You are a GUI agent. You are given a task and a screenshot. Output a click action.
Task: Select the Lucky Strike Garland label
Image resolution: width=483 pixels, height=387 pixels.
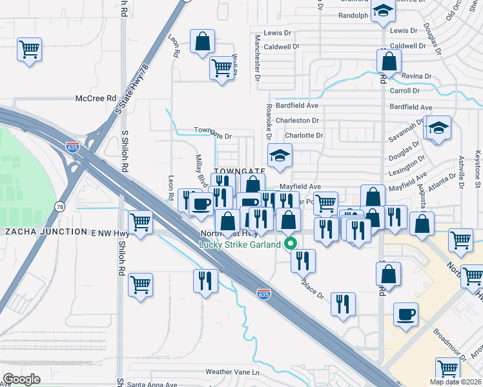pos(240,244)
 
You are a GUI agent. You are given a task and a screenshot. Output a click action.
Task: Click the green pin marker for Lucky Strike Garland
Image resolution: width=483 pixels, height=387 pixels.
pos(290,244)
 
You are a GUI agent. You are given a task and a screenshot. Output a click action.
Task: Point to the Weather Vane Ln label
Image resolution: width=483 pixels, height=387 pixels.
pos(232,372)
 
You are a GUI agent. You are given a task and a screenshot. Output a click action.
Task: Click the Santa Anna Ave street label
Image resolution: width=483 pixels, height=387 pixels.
pos(152,384)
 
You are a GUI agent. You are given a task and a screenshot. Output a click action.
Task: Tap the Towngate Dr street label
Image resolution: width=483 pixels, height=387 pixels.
pos(212,130)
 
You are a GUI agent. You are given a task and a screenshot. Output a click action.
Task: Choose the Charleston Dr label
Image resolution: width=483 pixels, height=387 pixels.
pos(297,121)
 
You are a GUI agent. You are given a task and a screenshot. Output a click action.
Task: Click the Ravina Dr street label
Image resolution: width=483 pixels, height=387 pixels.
pos(415,77)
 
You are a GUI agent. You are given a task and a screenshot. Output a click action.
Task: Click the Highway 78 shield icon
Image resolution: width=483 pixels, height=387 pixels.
pos(59,206)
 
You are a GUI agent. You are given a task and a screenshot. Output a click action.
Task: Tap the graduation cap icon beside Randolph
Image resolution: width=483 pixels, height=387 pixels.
pos(384,11)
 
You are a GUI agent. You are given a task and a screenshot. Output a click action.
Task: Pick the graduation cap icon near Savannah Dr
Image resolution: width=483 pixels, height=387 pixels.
pos(437,127)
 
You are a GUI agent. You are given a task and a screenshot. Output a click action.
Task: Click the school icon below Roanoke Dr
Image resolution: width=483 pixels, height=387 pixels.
pos(280,155)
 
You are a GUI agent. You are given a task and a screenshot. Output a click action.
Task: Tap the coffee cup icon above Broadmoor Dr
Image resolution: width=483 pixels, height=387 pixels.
pos(406,314)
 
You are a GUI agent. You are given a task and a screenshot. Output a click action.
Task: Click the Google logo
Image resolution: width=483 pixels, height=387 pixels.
pos(22,379)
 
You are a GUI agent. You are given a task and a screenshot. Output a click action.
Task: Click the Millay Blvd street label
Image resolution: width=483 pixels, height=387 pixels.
pos(201,172)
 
